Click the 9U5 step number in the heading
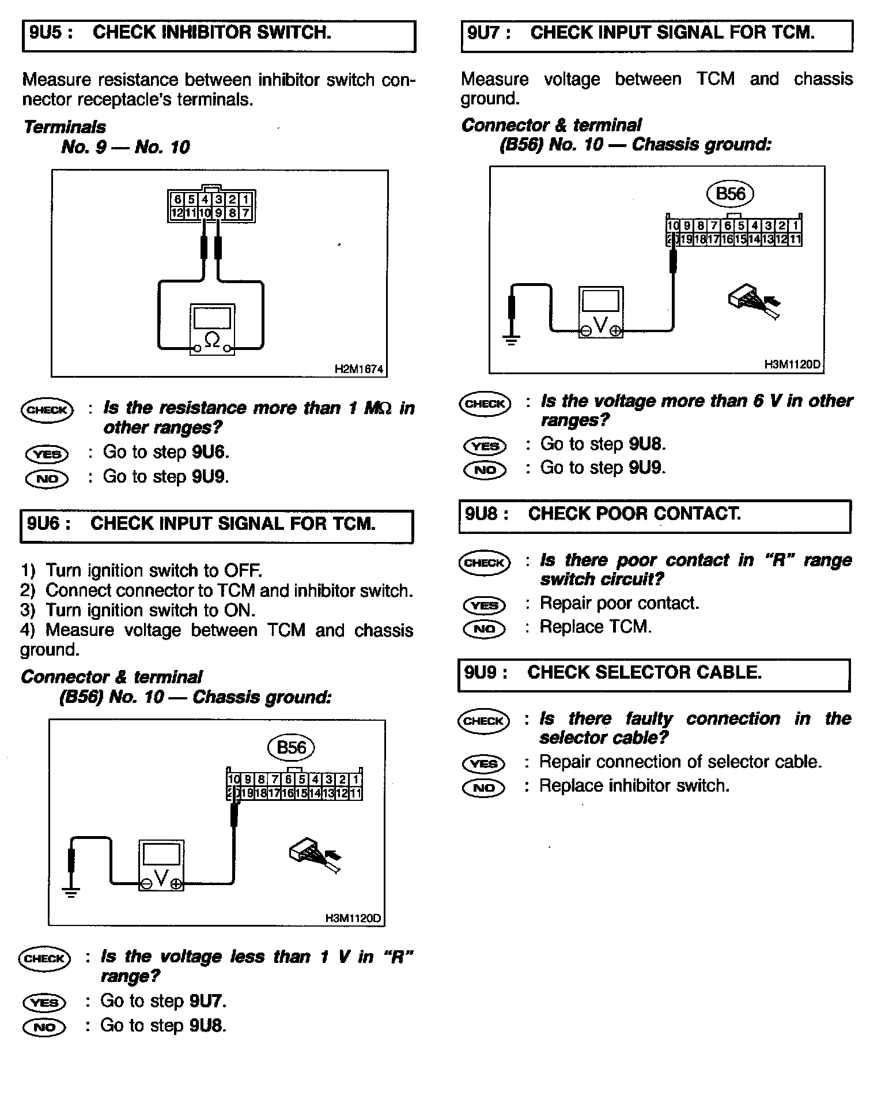[x=51, y=33]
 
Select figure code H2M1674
[x=358, y=370]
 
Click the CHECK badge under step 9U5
[x=47, y=410]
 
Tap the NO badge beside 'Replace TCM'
[x=484, y=628]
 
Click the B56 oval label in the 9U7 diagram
[x=730, y=194]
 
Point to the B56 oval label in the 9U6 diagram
[x=291, y=748]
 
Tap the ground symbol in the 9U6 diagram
[x=71, y=893]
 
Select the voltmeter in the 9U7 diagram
[x=600, y=312]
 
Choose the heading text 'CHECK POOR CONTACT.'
[x=634, y=514]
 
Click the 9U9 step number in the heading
[x=486, y=673]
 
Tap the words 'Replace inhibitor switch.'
[x=634, y=786]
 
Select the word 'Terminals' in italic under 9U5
[x=65, y=127]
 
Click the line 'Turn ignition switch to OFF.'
[x=153, y=571]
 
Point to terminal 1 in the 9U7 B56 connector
[x=796, y=226]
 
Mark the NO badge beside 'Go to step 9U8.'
[x=44, y=1026]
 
